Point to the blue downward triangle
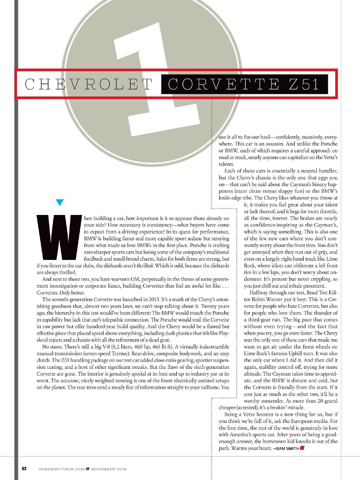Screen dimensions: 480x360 [x=60, y=202]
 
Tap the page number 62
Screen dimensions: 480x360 [x=24, y=468]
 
